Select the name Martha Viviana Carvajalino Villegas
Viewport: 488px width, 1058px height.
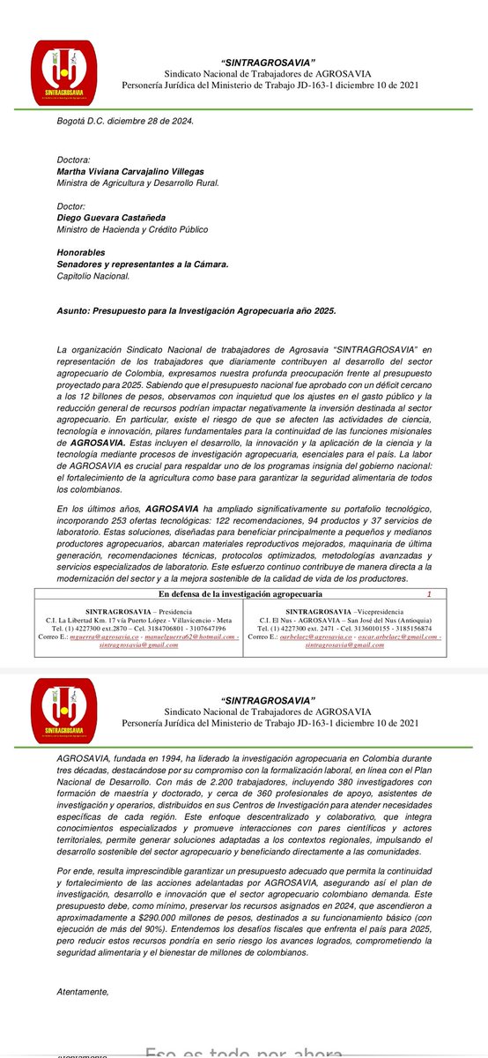click(x=142, y=170)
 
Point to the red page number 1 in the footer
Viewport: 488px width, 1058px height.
click(x=429, y=595)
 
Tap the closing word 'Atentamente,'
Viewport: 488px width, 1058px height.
click(x=81, y=992)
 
